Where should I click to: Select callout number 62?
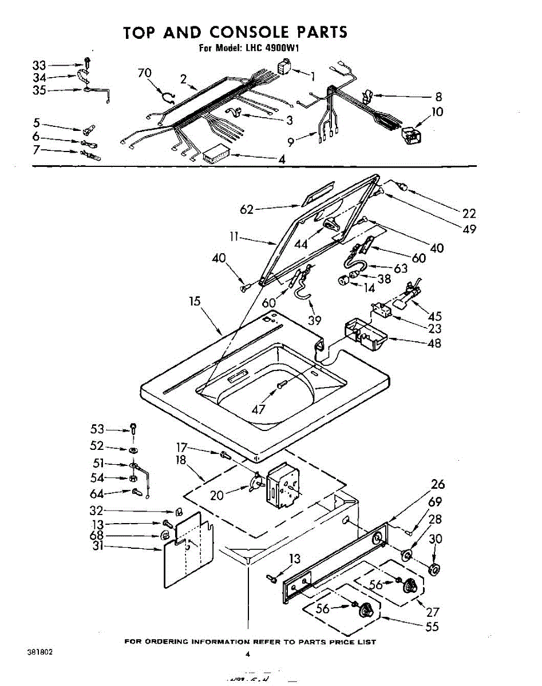(x=247, y=210)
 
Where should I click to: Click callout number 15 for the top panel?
(x=196, y=301)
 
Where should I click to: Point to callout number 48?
(x=434, y=344)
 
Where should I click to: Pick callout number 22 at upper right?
(x=469, y=213)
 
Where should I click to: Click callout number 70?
(x=144, y=73)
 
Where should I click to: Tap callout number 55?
(x=432, y=626)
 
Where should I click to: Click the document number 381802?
(x=39, y=652)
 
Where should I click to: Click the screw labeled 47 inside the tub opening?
(x=281, y=386)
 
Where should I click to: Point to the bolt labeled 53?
(x=133, y=427)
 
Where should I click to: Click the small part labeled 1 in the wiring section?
(x=284, y=66)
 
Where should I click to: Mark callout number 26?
(x=438, y=485)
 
